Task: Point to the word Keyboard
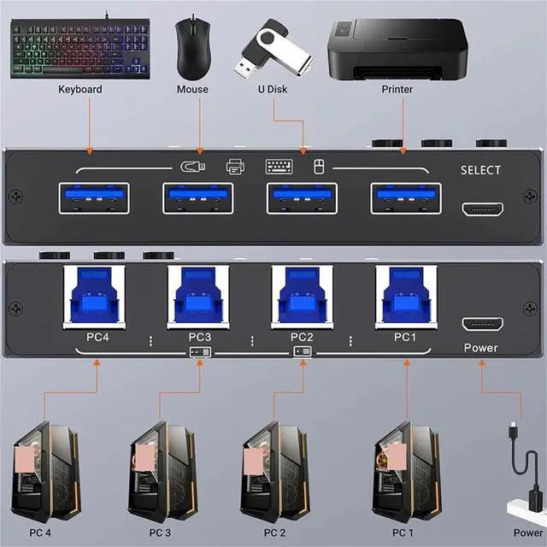point(79,90)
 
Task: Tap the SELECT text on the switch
point(480,170)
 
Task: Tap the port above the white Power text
point(481,325)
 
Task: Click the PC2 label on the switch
point(301,336)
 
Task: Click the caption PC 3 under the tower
point(159,533)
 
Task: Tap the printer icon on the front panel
point(235,167)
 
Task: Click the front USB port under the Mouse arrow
point(198,198)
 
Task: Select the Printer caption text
point(397,90)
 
